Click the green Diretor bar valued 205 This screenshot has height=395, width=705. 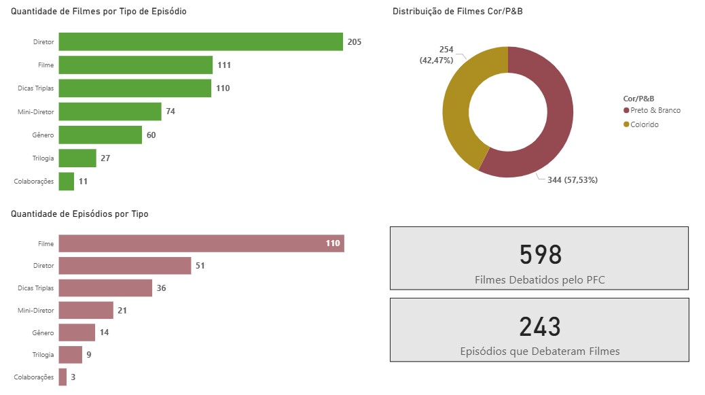200,41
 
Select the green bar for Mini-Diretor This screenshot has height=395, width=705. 110,111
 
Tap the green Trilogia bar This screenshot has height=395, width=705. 77,158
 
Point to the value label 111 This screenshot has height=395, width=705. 224,65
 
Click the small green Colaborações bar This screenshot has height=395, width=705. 67,182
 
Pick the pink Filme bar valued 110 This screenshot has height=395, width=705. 201,243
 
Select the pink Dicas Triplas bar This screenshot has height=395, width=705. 105,288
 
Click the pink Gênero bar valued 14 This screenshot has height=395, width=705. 77,332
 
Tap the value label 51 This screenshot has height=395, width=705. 200,266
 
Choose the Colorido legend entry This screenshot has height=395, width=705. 645,124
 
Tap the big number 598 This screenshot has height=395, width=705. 541,254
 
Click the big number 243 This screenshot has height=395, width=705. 540,327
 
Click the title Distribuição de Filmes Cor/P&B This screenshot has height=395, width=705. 457,12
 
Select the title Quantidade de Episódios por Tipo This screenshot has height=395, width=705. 79,213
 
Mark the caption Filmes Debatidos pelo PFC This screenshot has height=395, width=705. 539,279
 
